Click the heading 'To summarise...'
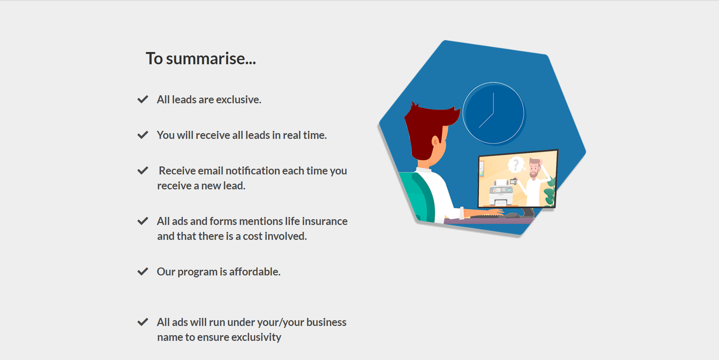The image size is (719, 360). (201, 59)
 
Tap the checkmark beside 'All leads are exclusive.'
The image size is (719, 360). (143, 99)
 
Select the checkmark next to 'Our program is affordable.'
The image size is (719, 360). (143, 272)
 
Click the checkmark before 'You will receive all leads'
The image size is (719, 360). (143, 135)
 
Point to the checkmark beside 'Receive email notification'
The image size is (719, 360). (143, 171)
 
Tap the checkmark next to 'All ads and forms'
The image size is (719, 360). (143, 221)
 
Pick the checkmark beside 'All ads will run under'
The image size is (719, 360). (143, 322)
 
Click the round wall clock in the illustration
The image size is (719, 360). (494, 113)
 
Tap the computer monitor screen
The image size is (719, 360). (518, 179)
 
